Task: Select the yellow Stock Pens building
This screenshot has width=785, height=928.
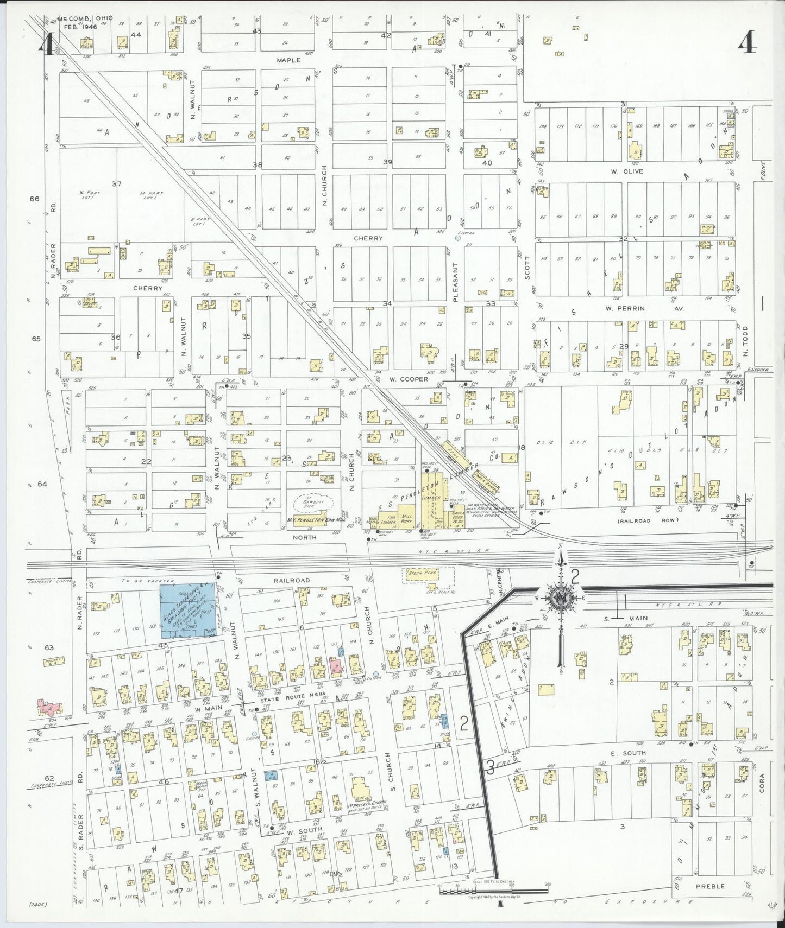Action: coord(428,575)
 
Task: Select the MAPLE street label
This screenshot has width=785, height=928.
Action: coord(288,60)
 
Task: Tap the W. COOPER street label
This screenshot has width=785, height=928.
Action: coord(408,379)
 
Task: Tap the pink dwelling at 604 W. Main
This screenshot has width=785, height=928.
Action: coord(49,707)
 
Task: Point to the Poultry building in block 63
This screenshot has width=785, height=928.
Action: coord(54,660)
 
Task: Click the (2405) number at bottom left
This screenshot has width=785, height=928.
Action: coord(38,905)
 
